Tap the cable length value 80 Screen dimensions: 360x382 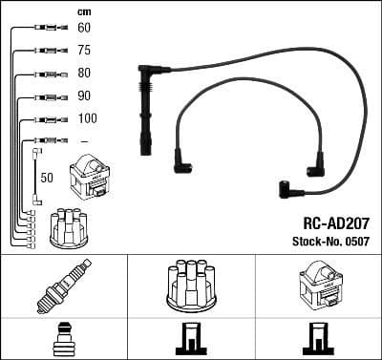click(84, 74)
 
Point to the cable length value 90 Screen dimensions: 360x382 click(84, 96)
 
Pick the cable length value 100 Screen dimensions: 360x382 click(86, 118)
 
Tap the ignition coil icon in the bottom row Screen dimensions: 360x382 click(317, 286)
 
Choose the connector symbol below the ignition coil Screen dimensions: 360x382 click(317, 340)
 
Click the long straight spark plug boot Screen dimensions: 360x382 click(146, 110)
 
